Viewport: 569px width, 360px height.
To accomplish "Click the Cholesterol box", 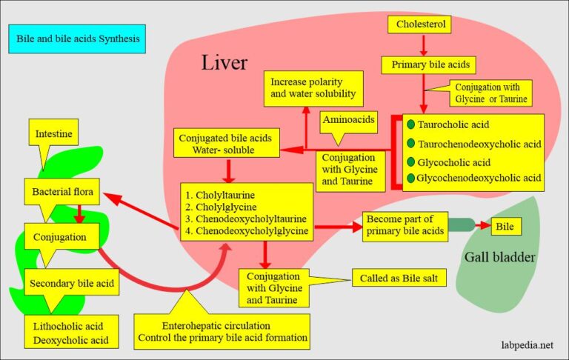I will pyautogui.click(x=419, y=25).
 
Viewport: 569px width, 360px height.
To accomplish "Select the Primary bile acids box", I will pyautogui.click(x=424, y=64).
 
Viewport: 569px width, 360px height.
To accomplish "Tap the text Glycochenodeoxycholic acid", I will pyautogui.click(x=479, y=177).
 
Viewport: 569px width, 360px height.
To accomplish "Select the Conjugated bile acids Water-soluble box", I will pyautogui.click(x=226, y=144).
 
